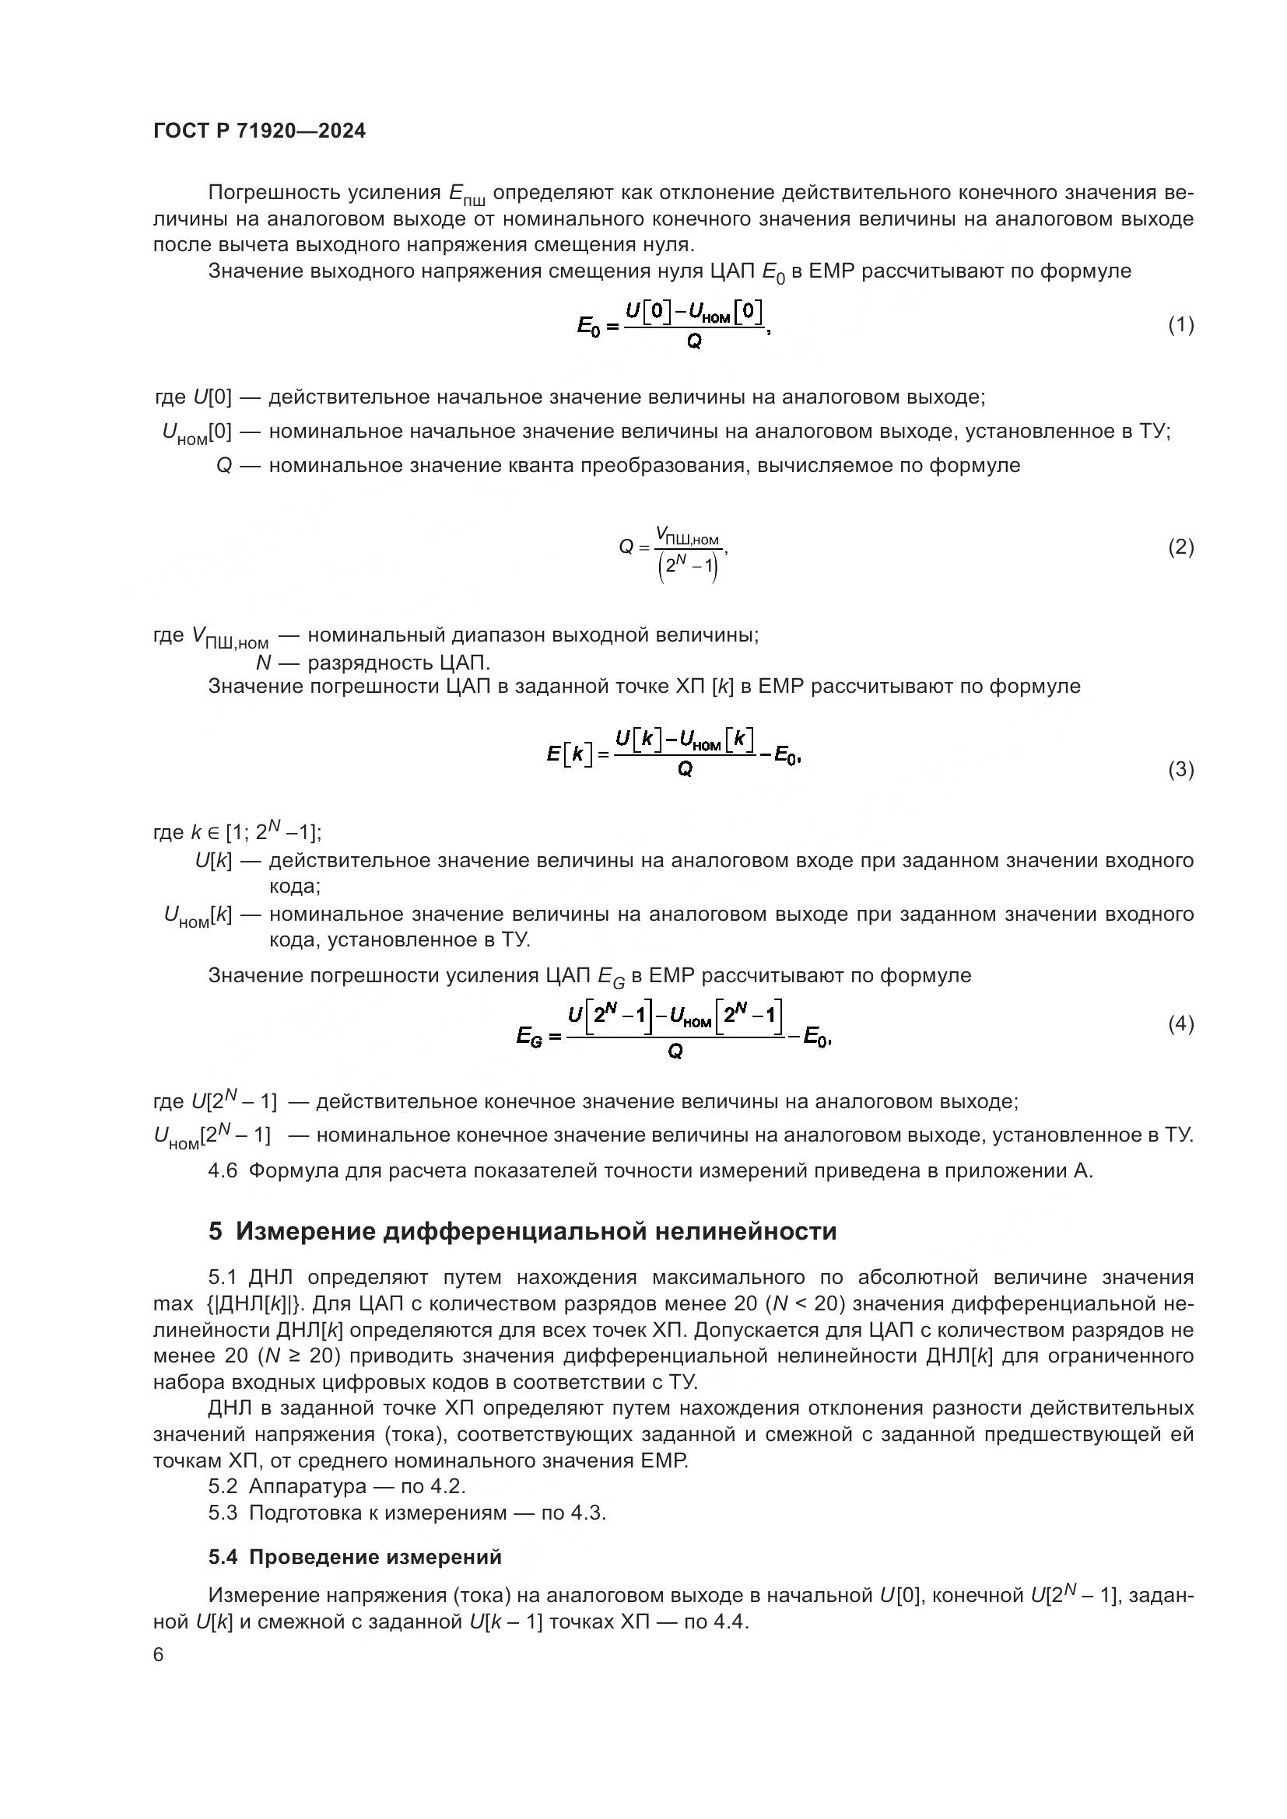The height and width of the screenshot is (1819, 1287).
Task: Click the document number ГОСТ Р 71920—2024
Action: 259,131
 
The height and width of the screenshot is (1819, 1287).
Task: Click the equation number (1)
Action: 1180,324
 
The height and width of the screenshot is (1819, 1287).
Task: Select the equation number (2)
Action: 1180,547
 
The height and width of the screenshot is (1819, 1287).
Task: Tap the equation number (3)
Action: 1180,768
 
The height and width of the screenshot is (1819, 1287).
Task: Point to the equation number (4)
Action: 1180,1023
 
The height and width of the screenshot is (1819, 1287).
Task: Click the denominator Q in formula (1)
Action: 693,342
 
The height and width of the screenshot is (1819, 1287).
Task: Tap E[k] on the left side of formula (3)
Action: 569,754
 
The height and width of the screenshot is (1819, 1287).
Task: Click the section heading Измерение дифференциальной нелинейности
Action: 535,1231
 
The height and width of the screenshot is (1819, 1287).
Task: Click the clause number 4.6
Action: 223,1171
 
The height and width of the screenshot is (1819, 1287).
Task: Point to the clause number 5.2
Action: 223,1485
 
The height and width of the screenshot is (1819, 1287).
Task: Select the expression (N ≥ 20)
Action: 298,1356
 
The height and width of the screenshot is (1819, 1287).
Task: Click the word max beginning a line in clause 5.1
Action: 173,1303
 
